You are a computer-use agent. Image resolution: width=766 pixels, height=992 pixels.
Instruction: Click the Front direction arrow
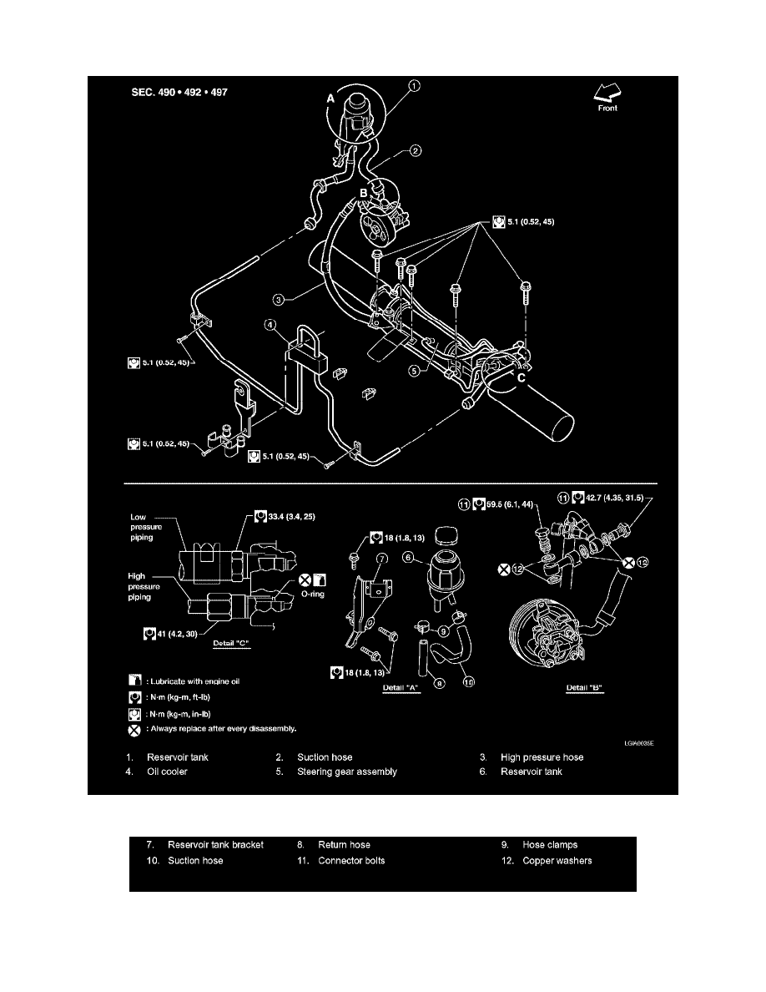(x=607, y=93)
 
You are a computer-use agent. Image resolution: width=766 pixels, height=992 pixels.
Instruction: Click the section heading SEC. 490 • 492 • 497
(x=179, y=93)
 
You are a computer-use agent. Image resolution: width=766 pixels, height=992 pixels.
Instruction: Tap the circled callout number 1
(x=414, y=86)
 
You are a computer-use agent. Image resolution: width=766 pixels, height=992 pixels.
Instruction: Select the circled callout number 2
(x=416, y=150)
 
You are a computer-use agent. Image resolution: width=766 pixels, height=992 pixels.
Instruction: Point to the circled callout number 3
(x=278, y=299)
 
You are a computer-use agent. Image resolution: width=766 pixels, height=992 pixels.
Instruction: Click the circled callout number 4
(x=270, y=325)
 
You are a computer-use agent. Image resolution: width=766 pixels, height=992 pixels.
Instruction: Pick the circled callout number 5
(x=414, y=371)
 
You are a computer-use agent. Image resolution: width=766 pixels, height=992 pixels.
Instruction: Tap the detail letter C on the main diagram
(x=522, y=378)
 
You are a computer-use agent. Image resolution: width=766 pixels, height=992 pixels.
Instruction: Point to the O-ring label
(x=313, y=594)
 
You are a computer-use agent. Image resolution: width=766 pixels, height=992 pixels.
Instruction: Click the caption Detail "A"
(x=401, y=688)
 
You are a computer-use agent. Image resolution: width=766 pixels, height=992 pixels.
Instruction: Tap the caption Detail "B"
(x=585, y=688)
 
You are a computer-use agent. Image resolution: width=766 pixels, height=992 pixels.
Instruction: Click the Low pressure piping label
(x=146, y=527)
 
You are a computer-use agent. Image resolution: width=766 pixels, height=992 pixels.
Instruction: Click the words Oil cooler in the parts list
(x=167, y=772)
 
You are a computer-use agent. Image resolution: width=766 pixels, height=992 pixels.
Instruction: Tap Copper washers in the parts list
(x=557, y=860)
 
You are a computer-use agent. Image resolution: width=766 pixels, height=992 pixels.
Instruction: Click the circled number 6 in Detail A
(x=408, y=557)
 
